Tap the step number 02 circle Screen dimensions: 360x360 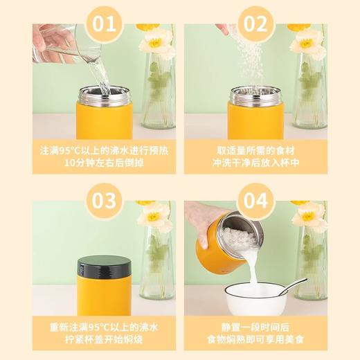pos(255,24)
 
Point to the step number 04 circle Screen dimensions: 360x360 pos(255,201)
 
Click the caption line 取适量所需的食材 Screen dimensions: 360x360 pos(255,150)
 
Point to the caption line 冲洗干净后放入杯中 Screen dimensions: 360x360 pos(255,164)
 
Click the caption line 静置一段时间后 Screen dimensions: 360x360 pos(255,325)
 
